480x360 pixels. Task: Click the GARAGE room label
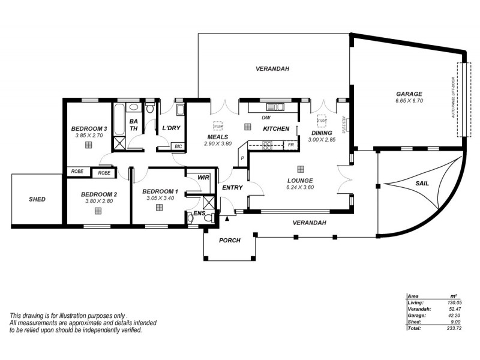pos(409,94)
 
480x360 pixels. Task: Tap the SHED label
pos(37,199)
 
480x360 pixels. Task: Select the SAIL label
pos(422,183)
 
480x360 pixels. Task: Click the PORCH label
pos(229,240)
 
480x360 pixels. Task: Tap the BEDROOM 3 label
pos(89,128)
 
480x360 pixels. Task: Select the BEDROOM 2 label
pos(99,194)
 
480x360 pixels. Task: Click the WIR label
pos(203,177)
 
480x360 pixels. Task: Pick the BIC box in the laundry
pos(178,146)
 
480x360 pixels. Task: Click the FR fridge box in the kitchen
pos(290,145)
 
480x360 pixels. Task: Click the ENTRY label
pos(232,188)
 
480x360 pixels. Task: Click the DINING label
pos(322,133)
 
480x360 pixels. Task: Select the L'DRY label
pos(172,128)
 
